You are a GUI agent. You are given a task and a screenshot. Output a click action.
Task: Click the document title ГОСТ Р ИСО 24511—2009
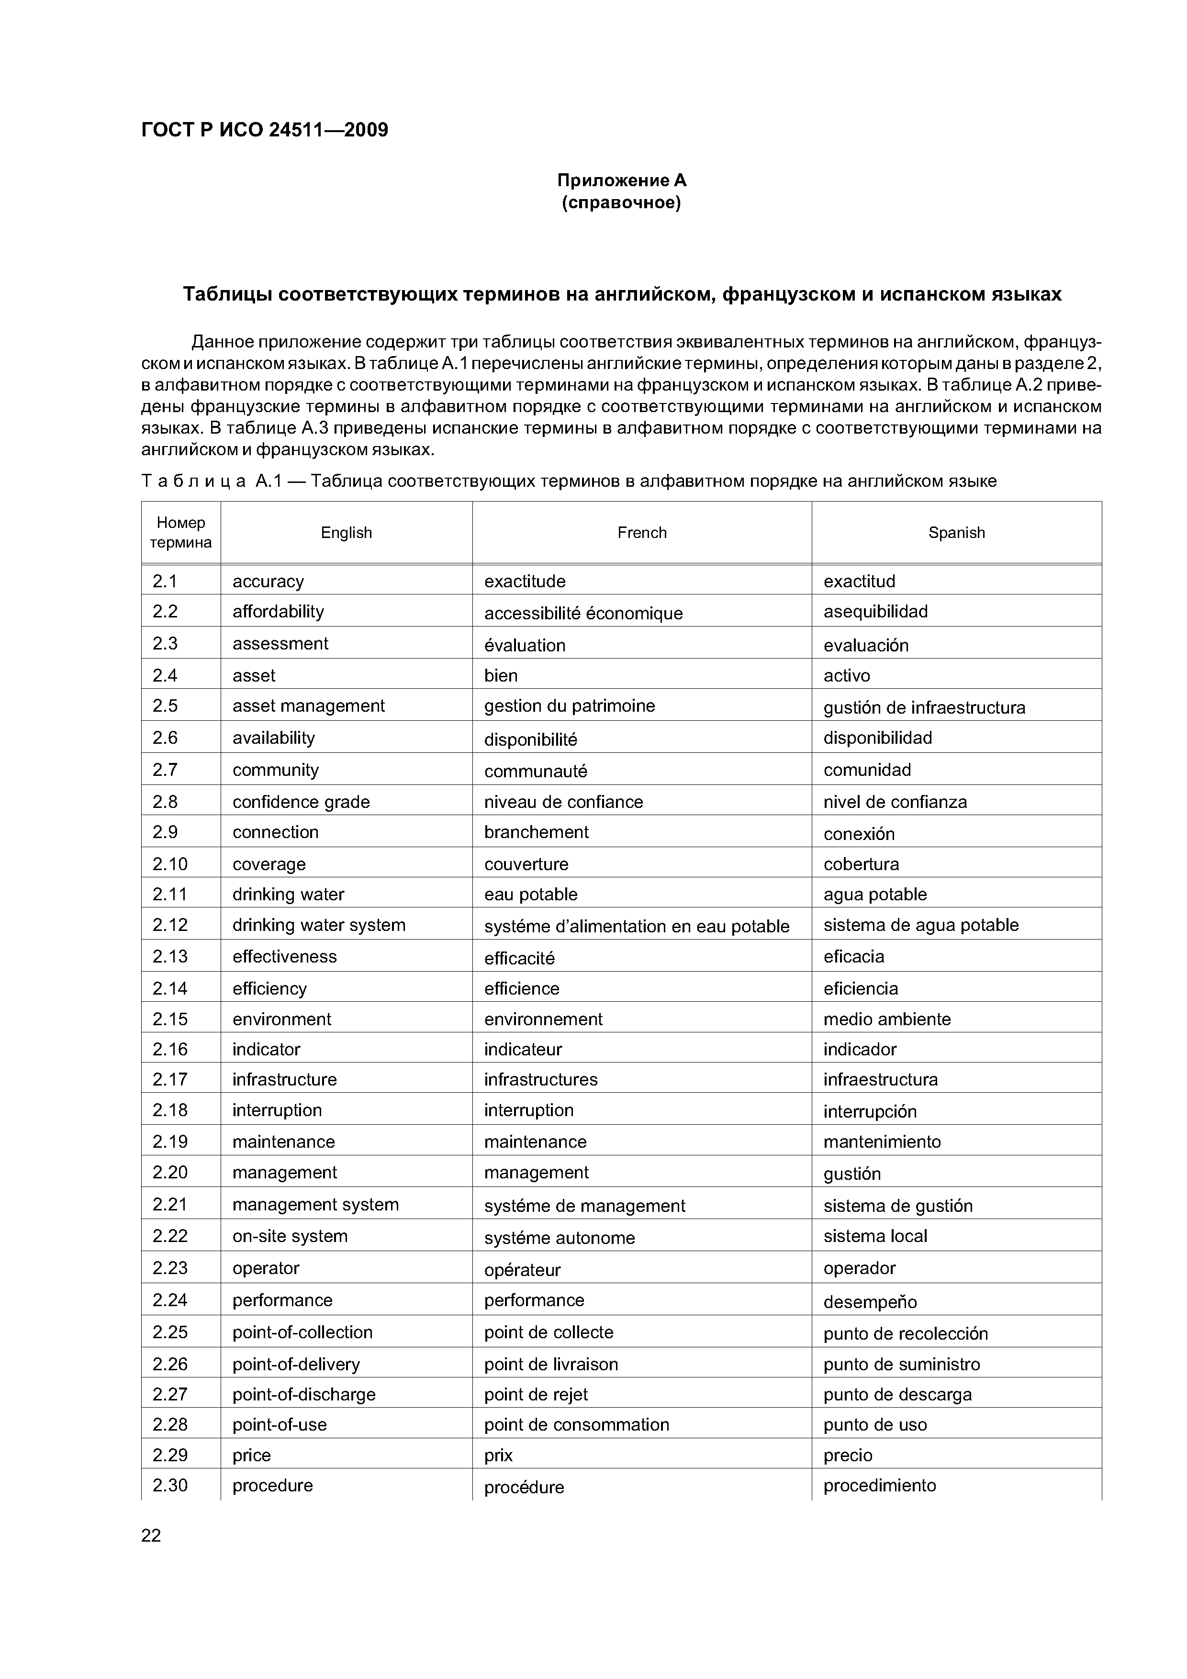[x=264, y=130]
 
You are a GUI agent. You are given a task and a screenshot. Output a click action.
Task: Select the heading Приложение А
[x=622, y=180]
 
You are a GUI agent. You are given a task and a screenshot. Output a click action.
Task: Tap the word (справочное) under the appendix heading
[x=622, y=202]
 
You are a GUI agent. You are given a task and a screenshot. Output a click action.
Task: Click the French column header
[x=641, y=532]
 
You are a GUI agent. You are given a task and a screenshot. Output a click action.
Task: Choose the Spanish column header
[x=956, y=532]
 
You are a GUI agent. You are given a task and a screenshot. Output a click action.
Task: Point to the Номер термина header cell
[x=180, y=532]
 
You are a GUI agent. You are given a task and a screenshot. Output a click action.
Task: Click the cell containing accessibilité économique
[x=583, y=613]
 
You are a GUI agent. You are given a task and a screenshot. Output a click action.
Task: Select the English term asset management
[x=308, y=705]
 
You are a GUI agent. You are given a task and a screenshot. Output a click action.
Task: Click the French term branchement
[x=536, y=832]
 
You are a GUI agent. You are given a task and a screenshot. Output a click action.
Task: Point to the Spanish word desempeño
[x=870, y=1302]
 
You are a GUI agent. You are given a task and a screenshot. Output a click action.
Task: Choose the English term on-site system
[x=290, y=1236]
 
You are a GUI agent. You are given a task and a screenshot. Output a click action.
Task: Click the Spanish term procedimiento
[x=879, y=1485]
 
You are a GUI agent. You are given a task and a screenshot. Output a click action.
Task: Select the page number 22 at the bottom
[x=151, y=1536]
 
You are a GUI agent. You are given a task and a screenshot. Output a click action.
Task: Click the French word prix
[x=498, y=1455]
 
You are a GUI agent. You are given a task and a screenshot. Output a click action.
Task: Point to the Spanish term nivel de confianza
[x=895, y=802]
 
